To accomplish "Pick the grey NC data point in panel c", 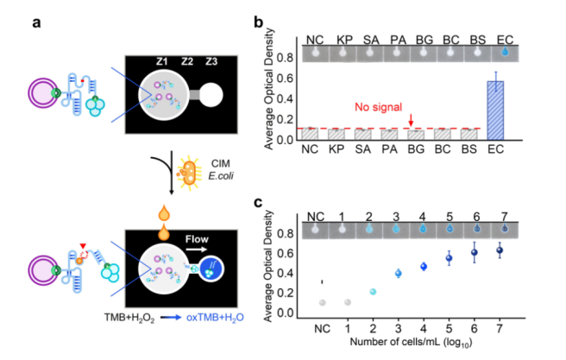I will click(x=322, y=302).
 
